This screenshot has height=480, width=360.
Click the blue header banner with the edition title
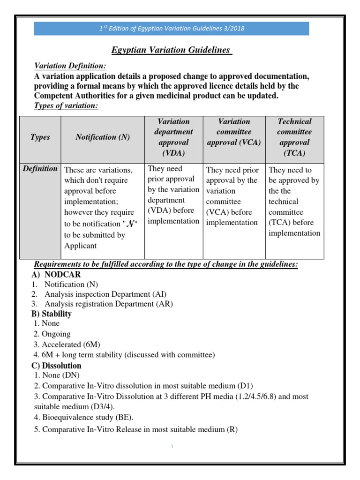pos(171,28)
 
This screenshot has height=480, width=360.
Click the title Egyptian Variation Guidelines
pos(171,50)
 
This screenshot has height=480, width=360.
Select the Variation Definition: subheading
pos(70,67)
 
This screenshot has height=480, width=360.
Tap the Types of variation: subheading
pos(66,105)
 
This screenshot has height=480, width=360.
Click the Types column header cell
pos(40,137)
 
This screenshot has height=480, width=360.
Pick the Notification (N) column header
pos(103,137)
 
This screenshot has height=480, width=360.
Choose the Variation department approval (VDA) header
pos(173,137)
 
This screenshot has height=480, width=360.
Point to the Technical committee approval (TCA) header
pos(294,137)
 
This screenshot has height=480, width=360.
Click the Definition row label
pos(40,169)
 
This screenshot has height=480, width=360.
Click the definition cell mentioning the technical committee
pos(294,202)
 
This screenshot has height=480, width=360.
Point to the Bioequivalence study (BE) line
pos(84,417)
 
